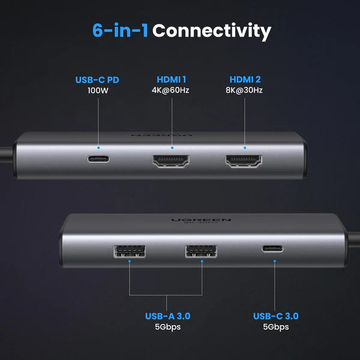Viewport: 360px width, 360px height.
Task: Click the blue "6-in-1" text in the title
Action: tap(120, 31)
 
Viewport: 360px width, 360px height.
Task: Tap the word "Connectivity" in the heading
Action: tap(212, 31)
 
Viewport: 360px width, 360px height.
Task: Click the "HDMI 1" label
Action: tap(172, 79)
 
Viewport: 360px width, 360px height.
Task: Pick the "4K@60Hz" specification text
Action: tap(172, 91)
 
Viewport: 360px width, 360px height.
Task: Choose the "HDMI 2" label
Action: tap(245, 79)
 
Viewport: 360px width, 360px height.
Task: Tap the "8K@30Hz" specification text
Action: tap(245, 91)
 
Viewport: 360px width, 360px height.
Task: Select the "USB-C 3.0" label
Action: tap(275, 316)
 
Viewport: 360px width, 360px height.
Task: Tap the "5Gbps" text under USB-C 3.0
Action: tap(275, 327)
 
